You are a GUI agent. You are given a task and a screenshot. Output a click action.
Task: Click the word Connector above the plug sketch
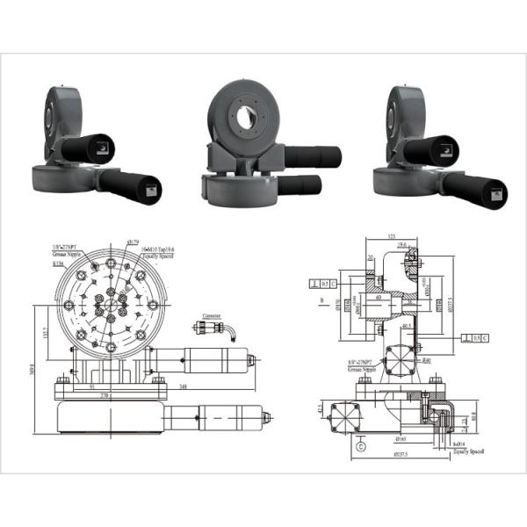point(212,314)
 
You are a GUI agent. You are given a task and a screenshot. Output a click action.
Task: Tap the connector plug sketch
point(211,328)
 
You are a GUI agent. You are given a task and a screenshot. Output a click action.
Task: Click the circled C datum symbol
point(360,445)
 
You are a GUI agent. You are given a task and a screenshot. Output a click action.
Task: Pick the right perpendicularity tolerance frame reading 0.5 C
point(475,337)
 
